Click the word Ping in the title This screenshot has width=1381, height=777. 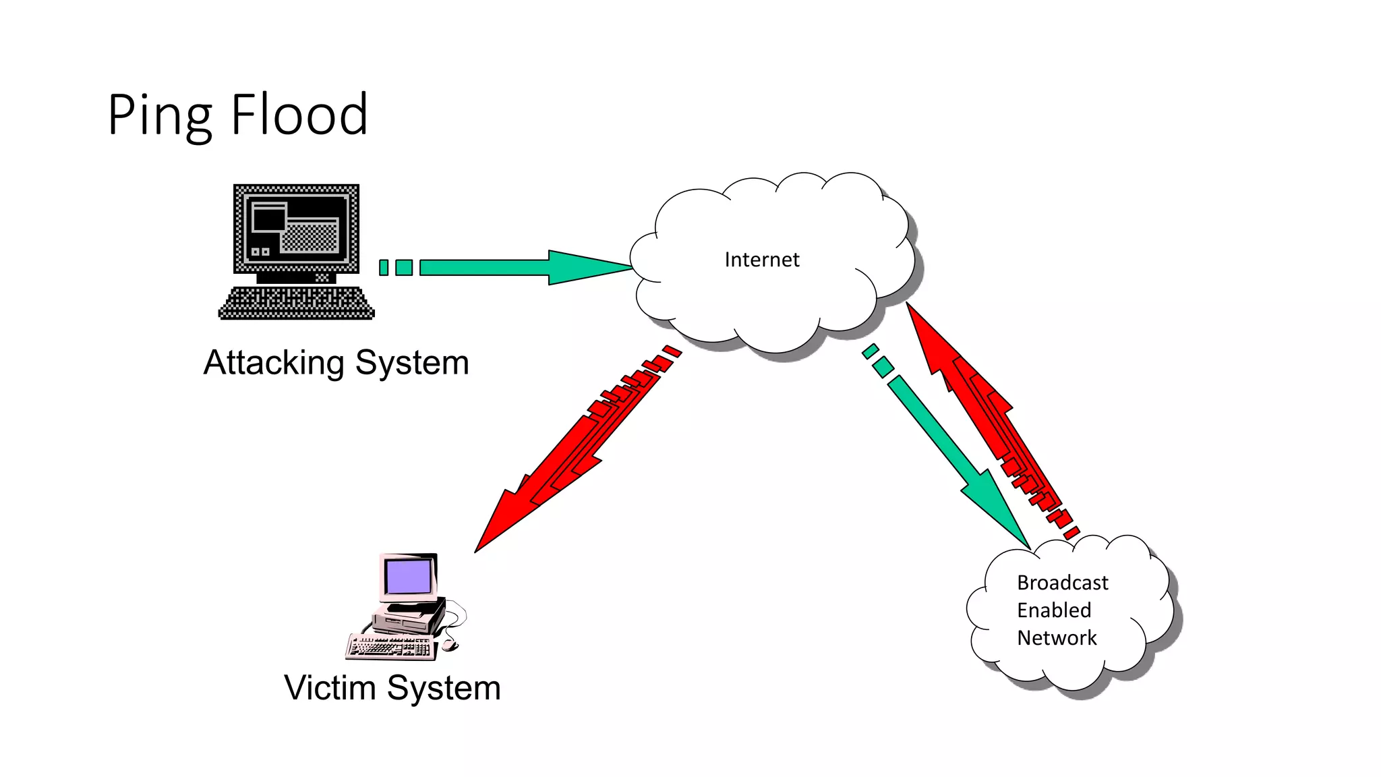click(159, 116)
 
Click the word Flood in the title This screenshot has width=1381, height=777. click(299, 115)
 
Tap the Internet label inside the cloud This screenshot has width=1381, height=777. click(761, 260)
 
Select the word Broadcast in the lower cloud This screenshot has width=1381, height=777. click(1062, 583)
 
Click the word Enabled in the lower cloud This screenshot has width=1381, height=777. click(1053, 610)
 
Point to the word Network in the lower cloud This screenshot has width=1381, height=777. click(1057, 638)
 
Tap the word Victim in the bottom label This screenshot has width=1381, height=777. click(330, 688)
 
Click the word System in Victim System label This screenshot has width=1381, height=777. click(444, 688)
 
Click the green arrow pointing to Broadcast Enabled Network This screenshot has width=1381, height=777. click(958, 459)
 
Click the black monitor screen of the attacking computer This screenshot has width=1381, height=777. click(296, 227)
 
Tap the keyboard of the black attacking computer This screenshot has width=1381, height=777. click(296, 304)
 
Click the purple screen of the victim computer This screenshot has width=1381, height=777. click(408, 577)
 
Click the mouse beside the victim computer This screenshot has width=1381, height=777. click(449, 645)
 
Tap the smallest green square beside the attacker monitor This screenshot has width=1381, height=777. click(384, 268)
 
